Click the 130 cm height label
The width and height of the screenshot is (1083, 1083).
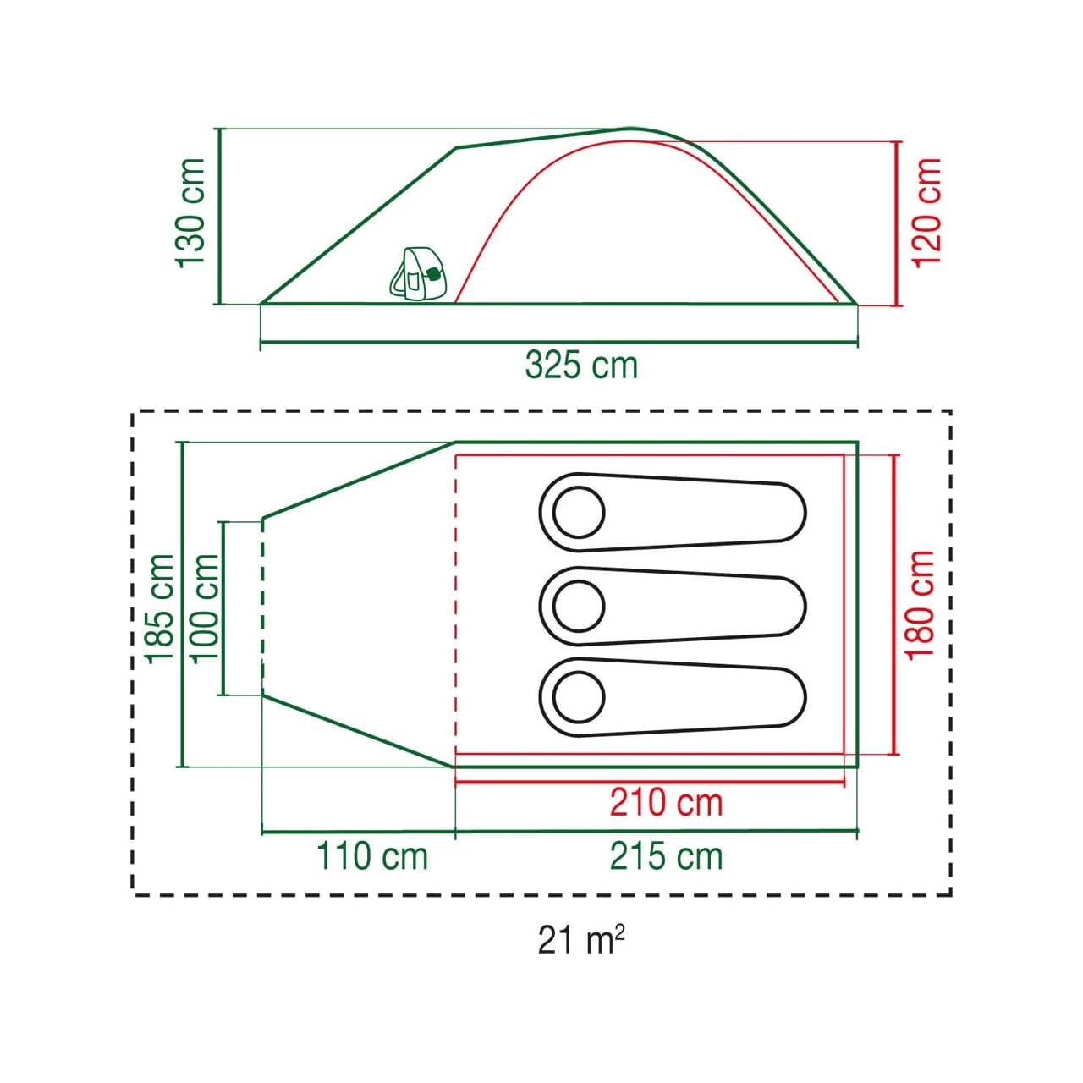pyautogui.click(x=190, y=213)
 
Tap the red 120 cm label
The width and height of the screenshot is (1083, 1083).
pyautogui.click(x=926, y=213)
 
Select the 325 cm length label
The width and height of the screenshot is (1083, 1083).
pyautogui.click(x=581, y=365)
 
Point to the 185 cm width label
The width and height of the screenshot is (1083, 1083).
pyautogui.click(x=160, y=608)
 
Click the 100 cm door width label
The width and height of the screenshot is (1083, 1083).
pyautogui.click(x=204, y=608)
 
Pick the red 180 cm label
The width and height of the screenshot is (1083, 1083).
pyautogui.click(x=920, y=605)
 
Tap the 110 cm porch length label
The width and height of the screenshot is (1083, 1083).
pyautogui.click(x=372, y=856)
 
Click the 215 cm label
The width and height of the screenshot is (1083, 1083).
pyautogui.click(x=666, y=856)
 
